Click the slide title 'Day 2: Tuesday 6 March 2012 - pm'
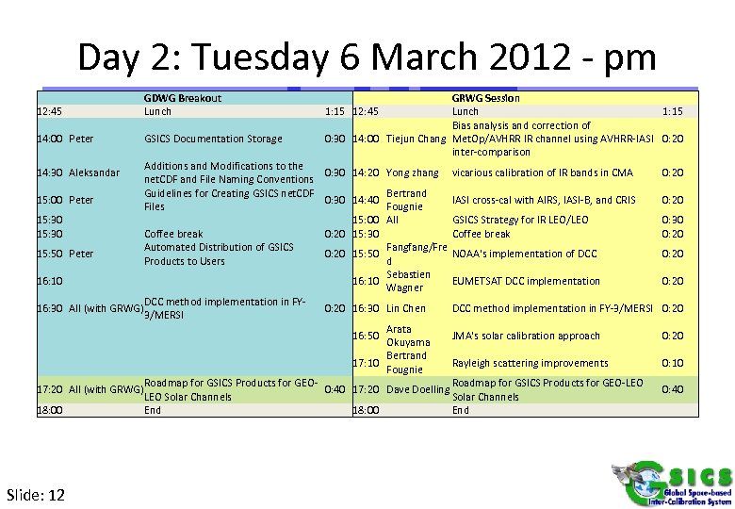pos(367,57)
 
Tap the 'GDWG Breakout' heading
pos(183,98)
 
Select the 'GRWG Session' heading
pos(486,98)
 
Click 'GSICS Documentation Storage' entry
pos(213,140)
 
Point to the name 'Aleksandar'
pos(95,173)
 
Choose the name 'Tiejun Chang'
pos(416,140)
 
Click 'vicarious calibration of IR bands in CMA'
pos(543,173)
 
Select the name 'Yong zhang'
pos(413,173)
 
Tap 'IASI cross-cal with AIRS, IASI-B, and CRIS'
pos(545,200)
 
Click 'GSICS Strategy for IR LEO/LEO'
pos(521,221)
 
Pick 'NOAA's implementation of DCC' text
pos(524,254)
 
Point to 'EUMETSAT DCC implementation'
pos(526,281)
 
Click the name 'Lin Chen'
pos(406,309)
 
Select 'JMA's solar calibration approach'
pos(526,337)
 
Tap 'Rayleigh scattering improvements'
pos(530,364)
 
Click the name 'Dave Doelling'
pos(416,390)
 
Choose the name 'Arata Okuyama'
pos(408,337)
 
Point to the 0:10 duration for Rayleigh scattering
pos(673,364)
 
